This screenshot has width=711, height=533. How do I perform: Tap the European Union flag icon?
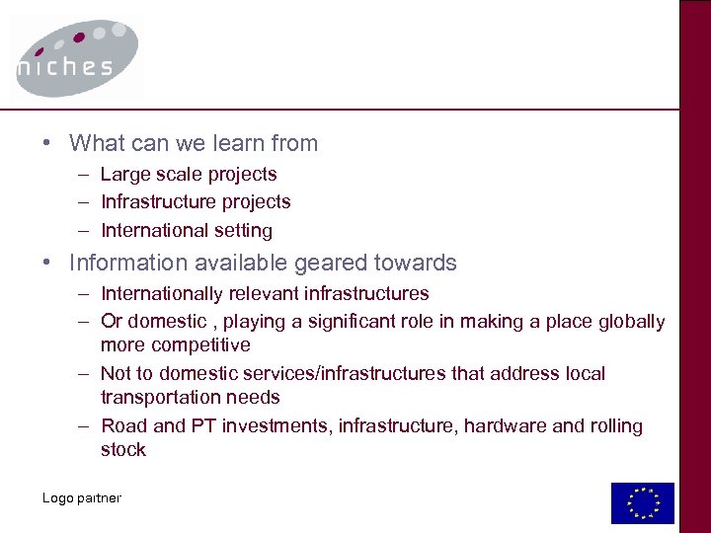pyautogui.click(x=642, y=502)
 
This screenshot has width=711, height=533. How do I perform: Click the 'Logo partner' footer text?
pyautogui.click(x=81, y=497)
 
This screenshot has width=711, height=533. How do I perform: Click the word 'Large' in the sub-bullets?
pyautogui.click(x=123, y=174)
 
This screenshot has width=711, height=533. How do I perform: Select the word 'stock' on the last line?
pyautogui.click(x=122, y=450)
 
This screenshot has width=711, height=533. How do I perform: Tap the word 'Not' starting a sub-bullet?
pyautogui.click(x=116, y=374)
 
